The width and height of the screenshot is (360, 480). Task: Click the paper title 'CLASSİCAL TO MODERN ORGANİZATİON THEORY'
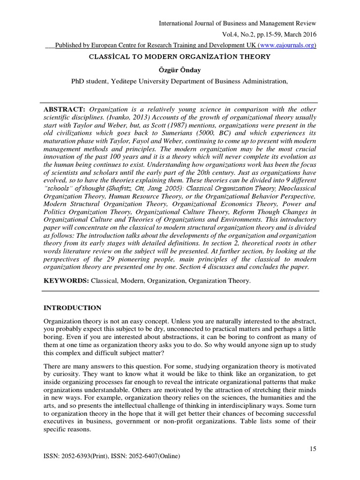180,57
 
